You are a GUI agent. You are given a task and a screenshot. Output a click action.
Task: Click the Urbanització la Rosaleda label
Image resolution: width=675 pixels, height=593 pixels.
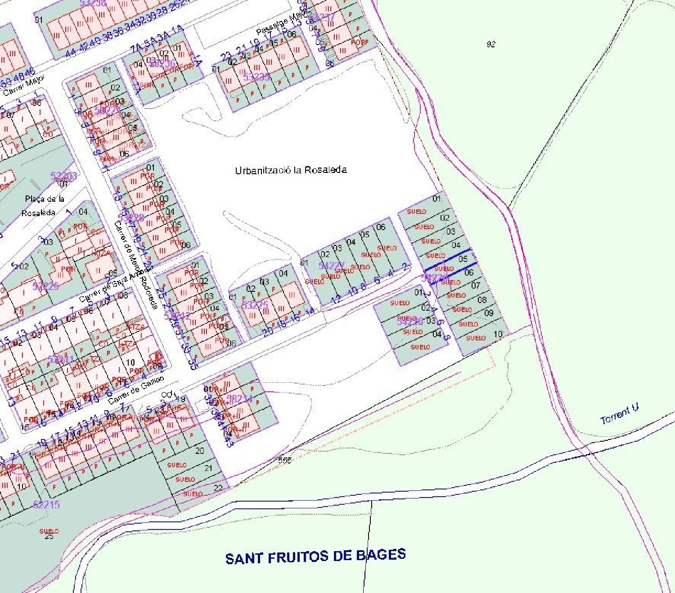pos(291,170)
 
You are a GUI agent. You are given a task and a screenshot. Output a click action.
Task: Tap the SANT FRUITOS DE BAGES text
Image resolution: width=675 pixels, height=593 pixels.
pos(315,556)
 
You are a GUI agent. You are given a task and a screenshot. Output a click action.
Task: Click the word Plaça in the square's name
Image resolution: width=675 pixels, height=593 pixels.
pos(34,199)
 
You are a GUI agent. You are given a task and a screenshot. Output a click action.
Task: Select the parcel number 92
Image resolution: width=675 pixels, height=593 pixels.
pos(491,44)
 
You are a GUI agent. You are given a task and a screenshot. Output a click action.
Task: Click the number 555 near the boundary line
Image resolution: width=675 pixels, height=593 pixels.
pos(284,460)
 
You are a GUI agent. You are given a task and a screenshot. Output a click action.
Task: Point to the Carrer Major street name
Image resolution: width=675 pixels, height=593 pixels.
pos(24,86)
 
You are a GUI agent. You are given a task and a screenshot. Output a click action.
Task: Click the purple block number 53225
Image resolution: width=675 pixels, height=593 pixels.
pos(255,305)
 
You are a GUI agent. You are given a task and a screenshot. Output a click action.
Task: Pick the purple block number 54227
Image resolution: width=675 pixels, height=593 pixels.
pos(331,266)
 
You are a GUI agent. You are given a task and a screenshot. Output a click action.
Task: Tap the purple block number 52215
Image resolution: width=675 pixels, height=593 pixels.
pos(46,504)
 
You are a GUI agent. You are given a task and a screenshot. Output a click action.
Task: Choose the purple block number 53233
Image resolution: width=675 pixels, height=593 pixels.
pos(256,77)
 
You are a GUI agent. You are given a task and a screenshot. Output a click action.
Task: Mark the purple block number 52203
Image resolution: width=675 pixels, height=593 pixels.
pos(63,176)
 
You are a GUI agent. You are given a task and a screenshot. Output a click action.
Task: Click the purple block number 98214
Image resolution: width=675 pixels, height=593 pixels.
pos(239,398)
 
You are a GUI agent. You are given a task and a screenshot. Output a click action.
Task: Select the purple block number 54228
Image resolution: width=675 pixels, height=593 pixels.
pos(409,321)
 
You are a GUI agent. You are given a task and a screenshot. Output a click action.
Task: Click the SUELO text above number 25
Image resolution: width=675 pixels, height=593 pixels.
pos(49,531)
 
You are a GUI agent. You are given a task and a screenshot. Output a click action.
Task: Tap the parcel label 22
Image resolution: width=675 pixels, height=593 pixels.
pos(218,488)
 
